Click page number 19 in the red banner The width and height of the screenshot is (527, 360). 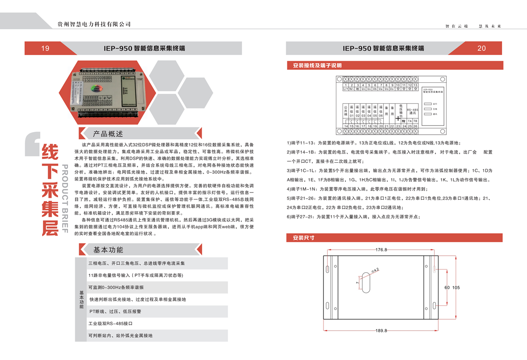tap(46, 48)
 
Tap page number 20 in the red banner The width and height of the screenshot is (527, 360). tap(481, 48)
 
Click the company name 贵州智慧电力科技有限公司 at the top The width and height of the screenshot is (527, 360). tap(94, 24)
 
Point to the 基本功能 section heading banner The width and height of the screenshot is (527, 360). tap(108, 250)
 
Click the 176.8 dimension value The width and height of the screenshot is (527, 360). tap(381, 250)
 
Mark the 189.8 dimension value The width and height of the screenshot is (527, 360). tap(381, 330)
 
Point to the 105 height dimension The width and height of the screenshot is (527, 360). tap(456, 288)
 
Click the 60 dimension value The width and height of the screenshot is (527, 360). tap(447, 288)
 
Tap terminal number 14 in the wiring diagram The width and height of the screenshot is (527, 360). tap(346, 126)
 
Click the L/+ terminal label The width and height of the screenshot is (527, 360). tap(346, 89)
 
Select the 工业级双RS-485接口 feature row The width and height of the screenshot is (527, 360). tap(110, 324)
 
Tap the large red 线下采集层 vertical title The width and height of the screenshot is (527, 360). tap(49, 189)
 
